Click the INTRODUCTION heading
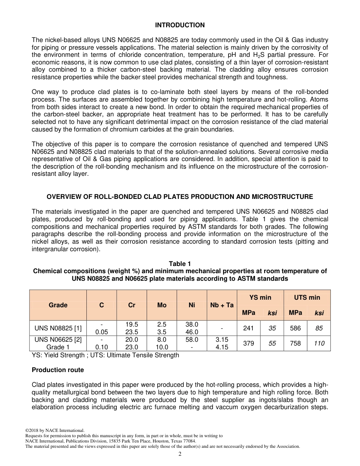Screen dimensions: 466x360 tap(180, 25)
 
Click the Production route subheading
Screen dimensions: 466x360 tap(58, 370)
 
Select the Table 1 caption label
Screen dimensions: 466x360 tap(180, 264)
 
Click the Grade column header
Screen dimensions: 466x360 tap(58, 305)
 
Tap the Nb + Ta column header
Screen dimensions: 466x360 tap(222, 305)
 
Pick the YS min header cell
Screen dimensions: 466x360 tap(260, 297)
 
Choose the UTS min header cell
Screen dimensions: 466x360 tap(307, 297)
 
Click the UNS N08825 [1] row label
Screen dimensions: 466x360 tap(58, 328)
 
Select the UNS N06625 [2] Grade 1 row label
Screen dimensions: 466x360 tap(58, 343)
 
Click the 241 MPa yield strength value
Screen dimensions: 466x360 tap(249, 328)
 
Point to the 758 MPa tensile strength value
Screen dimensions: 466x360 tap(295, 343)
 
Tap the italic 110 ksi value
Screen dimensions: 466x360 tap(319, 343)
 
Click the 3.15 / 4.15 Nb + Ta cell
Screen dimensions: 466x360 tap(222, 343)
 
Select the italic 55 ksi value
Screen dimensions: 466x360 tap(272, 343)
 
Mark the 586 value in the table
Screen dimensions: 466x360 tap(295, 328)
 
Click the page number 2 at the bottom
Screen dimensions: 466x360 tap(180, 454)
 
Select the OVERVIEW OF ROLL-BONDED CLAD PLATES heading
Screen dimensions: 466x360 tap(180, 197)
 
